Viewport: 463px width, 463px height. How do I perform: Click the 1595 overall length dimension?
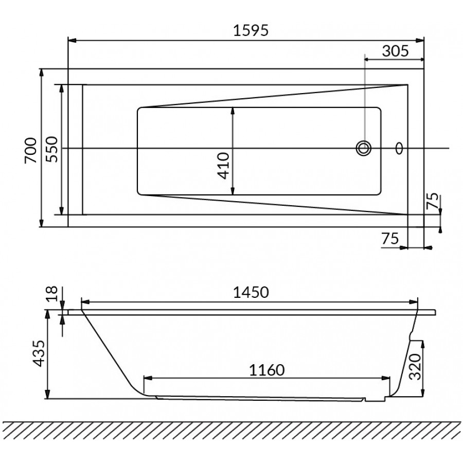click(x=251, y=30)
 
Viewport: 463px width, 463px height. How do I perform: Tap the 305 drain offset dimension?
click(x=396, y=51)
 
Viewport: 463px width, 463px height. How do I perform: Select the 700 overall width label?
click(x=31, y=150)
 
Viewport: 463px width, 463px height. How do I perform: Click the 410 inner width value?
click(x=223, y=166)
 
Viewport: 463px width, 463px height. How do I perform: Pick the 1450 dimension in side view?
click(x=251, y=293)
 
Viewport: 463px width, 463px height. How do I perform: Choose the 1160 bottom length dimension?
click(x=266, y=370)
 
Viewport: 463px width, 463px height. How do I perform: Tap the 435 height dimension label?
click(x=39, y=353)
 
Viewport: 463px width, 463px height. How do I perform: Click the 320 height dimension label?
click(x=415, y=367)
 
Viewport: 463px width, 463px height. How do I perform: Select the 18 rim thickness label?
click(x=52, y=294)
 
